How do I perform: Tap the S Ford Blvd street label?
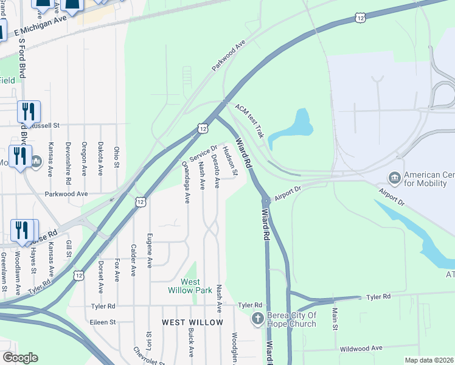click(x=23, y=58)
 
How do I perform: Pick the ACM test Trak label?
click(x=250, y=120)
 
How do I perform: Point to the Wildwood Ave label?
click(x=361, y=348)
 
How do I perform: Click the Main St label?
click(x=335, y=319)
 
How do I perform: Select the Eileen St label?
click(x=102, y=322)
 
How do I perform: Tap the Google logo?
click(x=20, y=358)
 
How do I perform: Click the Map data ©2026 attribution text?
click(x=429, y=360)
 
